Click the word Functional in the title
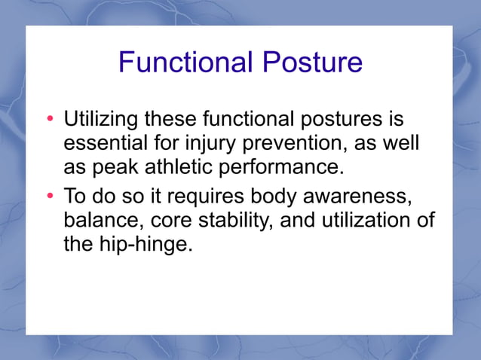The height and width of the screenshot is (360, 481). pyautogui.click(x=185, y=62)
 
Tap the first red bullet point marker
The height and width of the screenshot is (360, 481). pyautogui.click(x=51, y=121)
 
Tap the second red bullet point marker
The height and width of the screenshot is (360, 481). pyautogui.click(x=51, y=197)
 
